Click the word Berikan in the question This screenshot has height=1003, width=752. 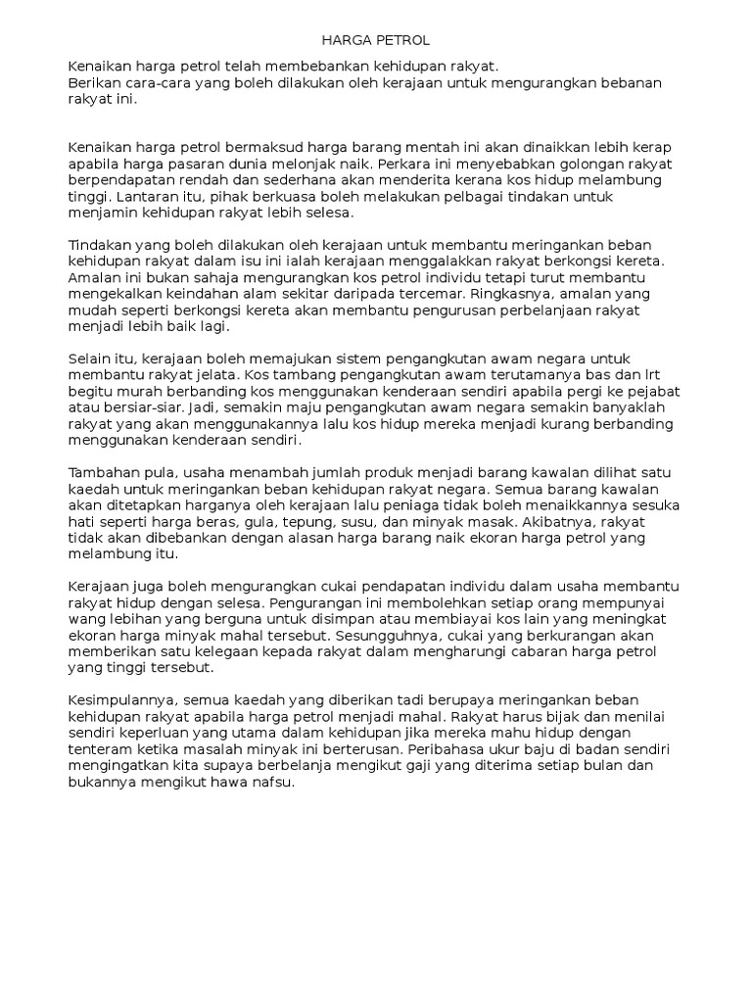(x=94, y=83)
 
